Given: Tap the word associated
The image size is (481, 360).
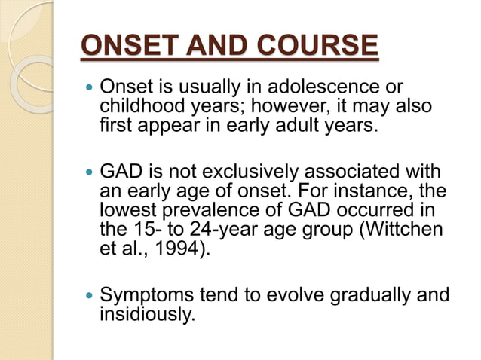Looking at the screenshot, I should (x=356, y=172).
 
